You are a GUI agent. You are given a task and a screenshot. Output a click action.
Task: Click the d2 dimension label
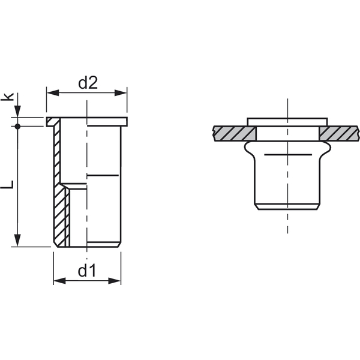point(88,83)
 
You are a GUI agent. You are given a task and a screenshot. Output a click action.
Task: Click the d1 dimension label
point(87,271)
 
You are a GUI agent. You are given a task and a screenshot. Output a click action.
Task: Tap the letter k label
point(7,97)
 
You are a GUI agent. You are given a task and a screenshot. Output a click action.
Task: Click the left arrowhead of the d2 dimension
point(53,93)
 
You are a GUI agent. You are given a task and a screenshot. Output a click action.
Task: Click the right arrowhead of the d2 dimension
point(121,93)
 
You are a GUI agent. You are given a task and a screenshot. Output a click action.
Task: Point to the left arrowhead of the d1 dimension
point(59,281)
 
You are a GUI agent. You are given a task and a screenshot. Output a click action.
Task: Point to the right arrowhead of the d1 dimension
point(115,281)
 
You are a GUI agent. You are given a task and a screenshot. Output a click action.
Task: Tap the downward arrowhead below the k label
point(17,112)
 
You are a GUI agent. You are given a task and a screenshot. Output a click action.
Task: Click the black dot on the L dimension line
point(17,126)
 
